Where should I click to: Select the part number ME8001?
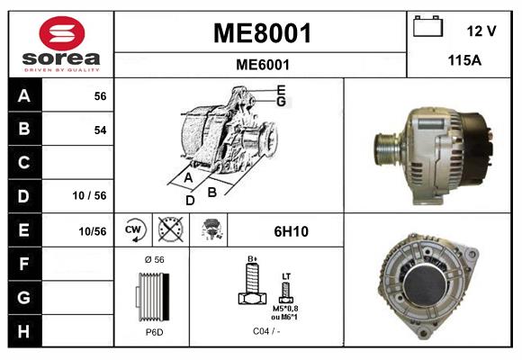coord(261,34)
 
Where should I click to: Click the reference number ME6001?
coord(261,65)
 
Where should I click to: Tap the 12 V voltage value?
coord(481,31)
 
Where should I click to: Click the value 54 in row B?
coord(100,130)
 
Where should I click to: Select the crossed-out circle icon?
coord(169,230)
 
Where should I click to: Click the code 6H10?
coord(291,231)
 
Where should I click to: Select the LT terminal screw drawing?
coord(286,290)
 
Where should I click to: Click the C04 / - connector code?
coord(266,332)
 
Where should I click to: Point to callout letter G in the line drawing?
coord(281,102)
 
